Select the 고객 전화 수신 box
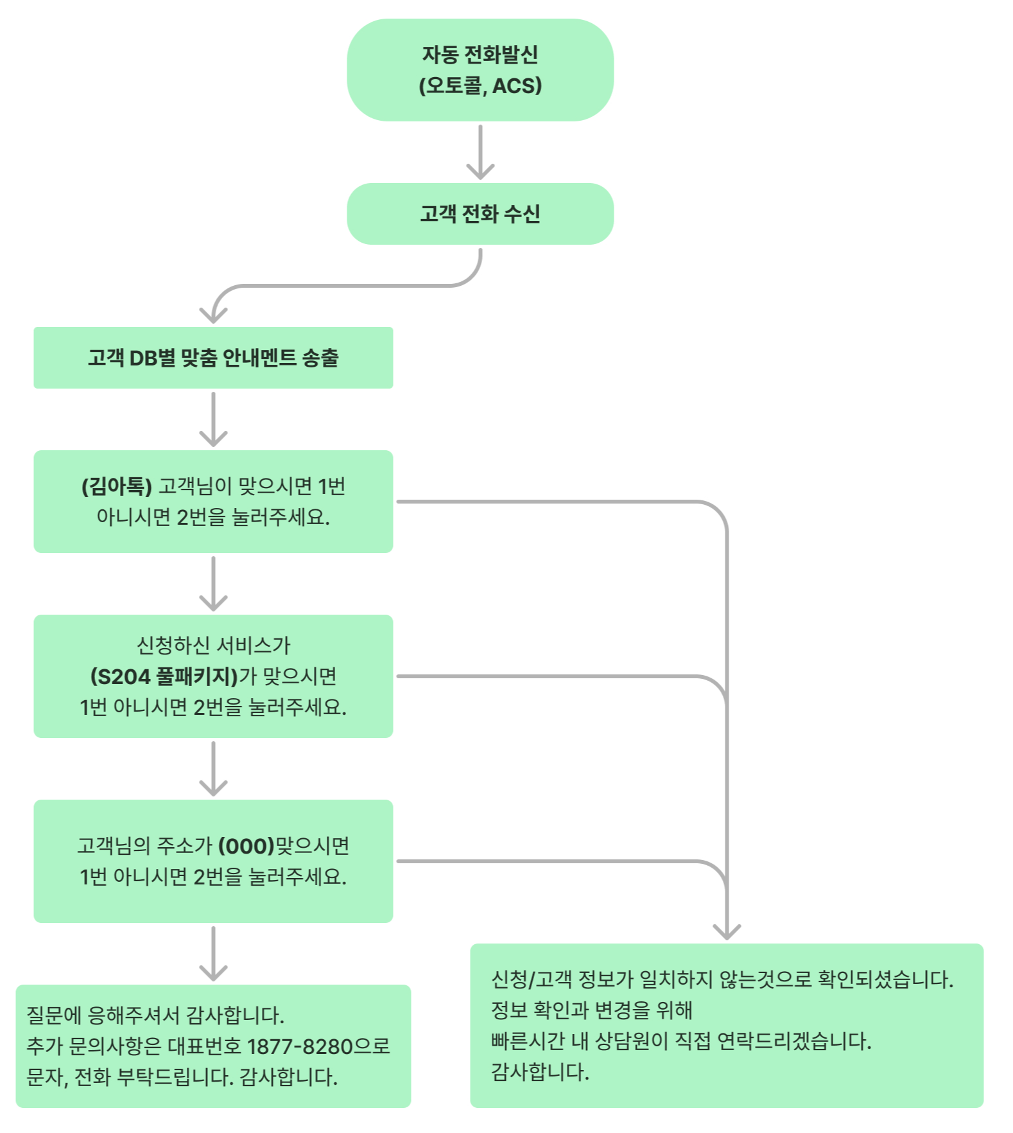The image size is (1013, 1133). coord(480,214)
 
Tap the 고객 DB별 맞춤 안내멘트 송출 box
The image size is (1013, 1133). coord(213,358)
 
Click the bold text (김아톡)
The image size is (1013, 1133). coord(117,486)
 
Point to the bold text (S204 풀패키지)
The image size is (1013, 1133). coord(164,676)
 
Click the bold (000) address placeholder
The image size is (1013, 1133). coord(247,846)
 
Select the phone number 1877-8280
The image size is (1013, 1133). coord(300,1046)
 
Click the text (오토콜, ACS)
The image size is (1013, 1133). coord(480,85)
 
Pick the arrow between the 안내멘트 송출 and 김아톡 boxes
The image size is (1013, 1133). coord(213,419)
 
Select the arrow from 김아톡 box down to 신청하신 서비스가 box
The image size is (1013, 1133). coord(213,583)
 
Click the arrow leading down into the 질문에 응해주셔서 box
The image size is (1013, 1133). coord(213,954)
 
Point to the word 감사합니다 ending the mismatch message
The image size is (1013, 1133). coord(540,1072)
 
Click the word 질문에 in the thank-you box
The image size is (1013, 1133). coord(54,1015)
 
